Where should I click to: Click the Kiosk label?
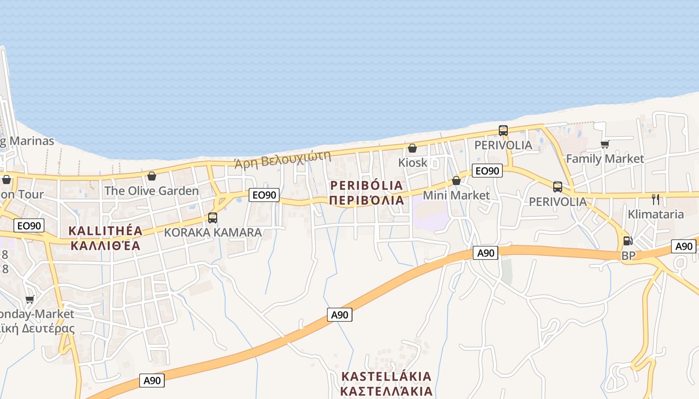[413, 163]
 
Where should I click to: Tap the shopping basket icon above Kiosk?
[412, 148]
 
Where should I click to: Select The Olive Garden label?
[151, 191]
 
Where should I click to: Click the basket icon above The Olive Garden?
[152, 176]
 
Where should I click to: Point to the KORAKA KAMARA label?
[213, 232]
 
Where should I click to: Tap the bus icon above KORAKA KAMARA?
[213, 218]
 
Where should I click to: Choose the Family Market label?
[605, 159]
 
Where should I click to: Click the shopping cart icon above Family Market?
[605, 144]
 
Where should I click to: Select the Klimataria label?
[656, 214]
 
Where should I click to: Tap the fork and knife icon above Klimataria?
[656, 199]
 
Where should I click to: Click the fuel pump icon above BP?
[628, 241]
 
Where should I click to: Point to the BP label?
[628, 255]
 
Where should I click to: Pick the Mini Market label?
[456, 195]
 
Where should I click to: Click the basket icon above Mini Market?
[456, 181]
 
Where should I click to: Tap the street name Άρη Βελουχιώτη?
[283, 159]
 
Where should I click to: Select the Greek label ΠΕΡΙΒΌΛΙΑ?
[366, 200]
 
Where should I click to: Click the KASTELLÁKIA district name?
[386, 376]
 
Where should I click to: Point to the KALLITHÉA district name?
[105, 231]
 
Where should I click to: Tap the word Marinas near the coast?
[31, 141]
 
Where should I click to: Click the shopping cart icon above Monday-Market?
[30, 299]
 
